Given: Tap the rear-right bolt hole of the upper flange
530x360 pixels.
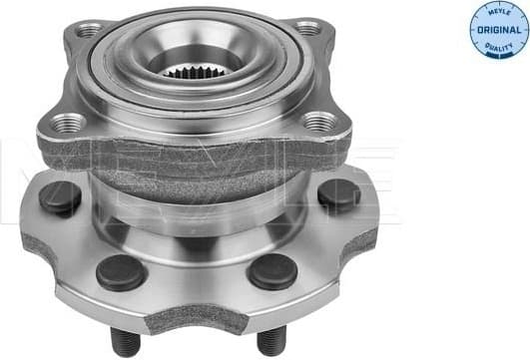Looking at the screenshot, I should click(308, 28).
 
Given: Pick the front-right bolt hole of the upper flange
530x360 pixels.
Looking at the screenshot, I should click(318, 122).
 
